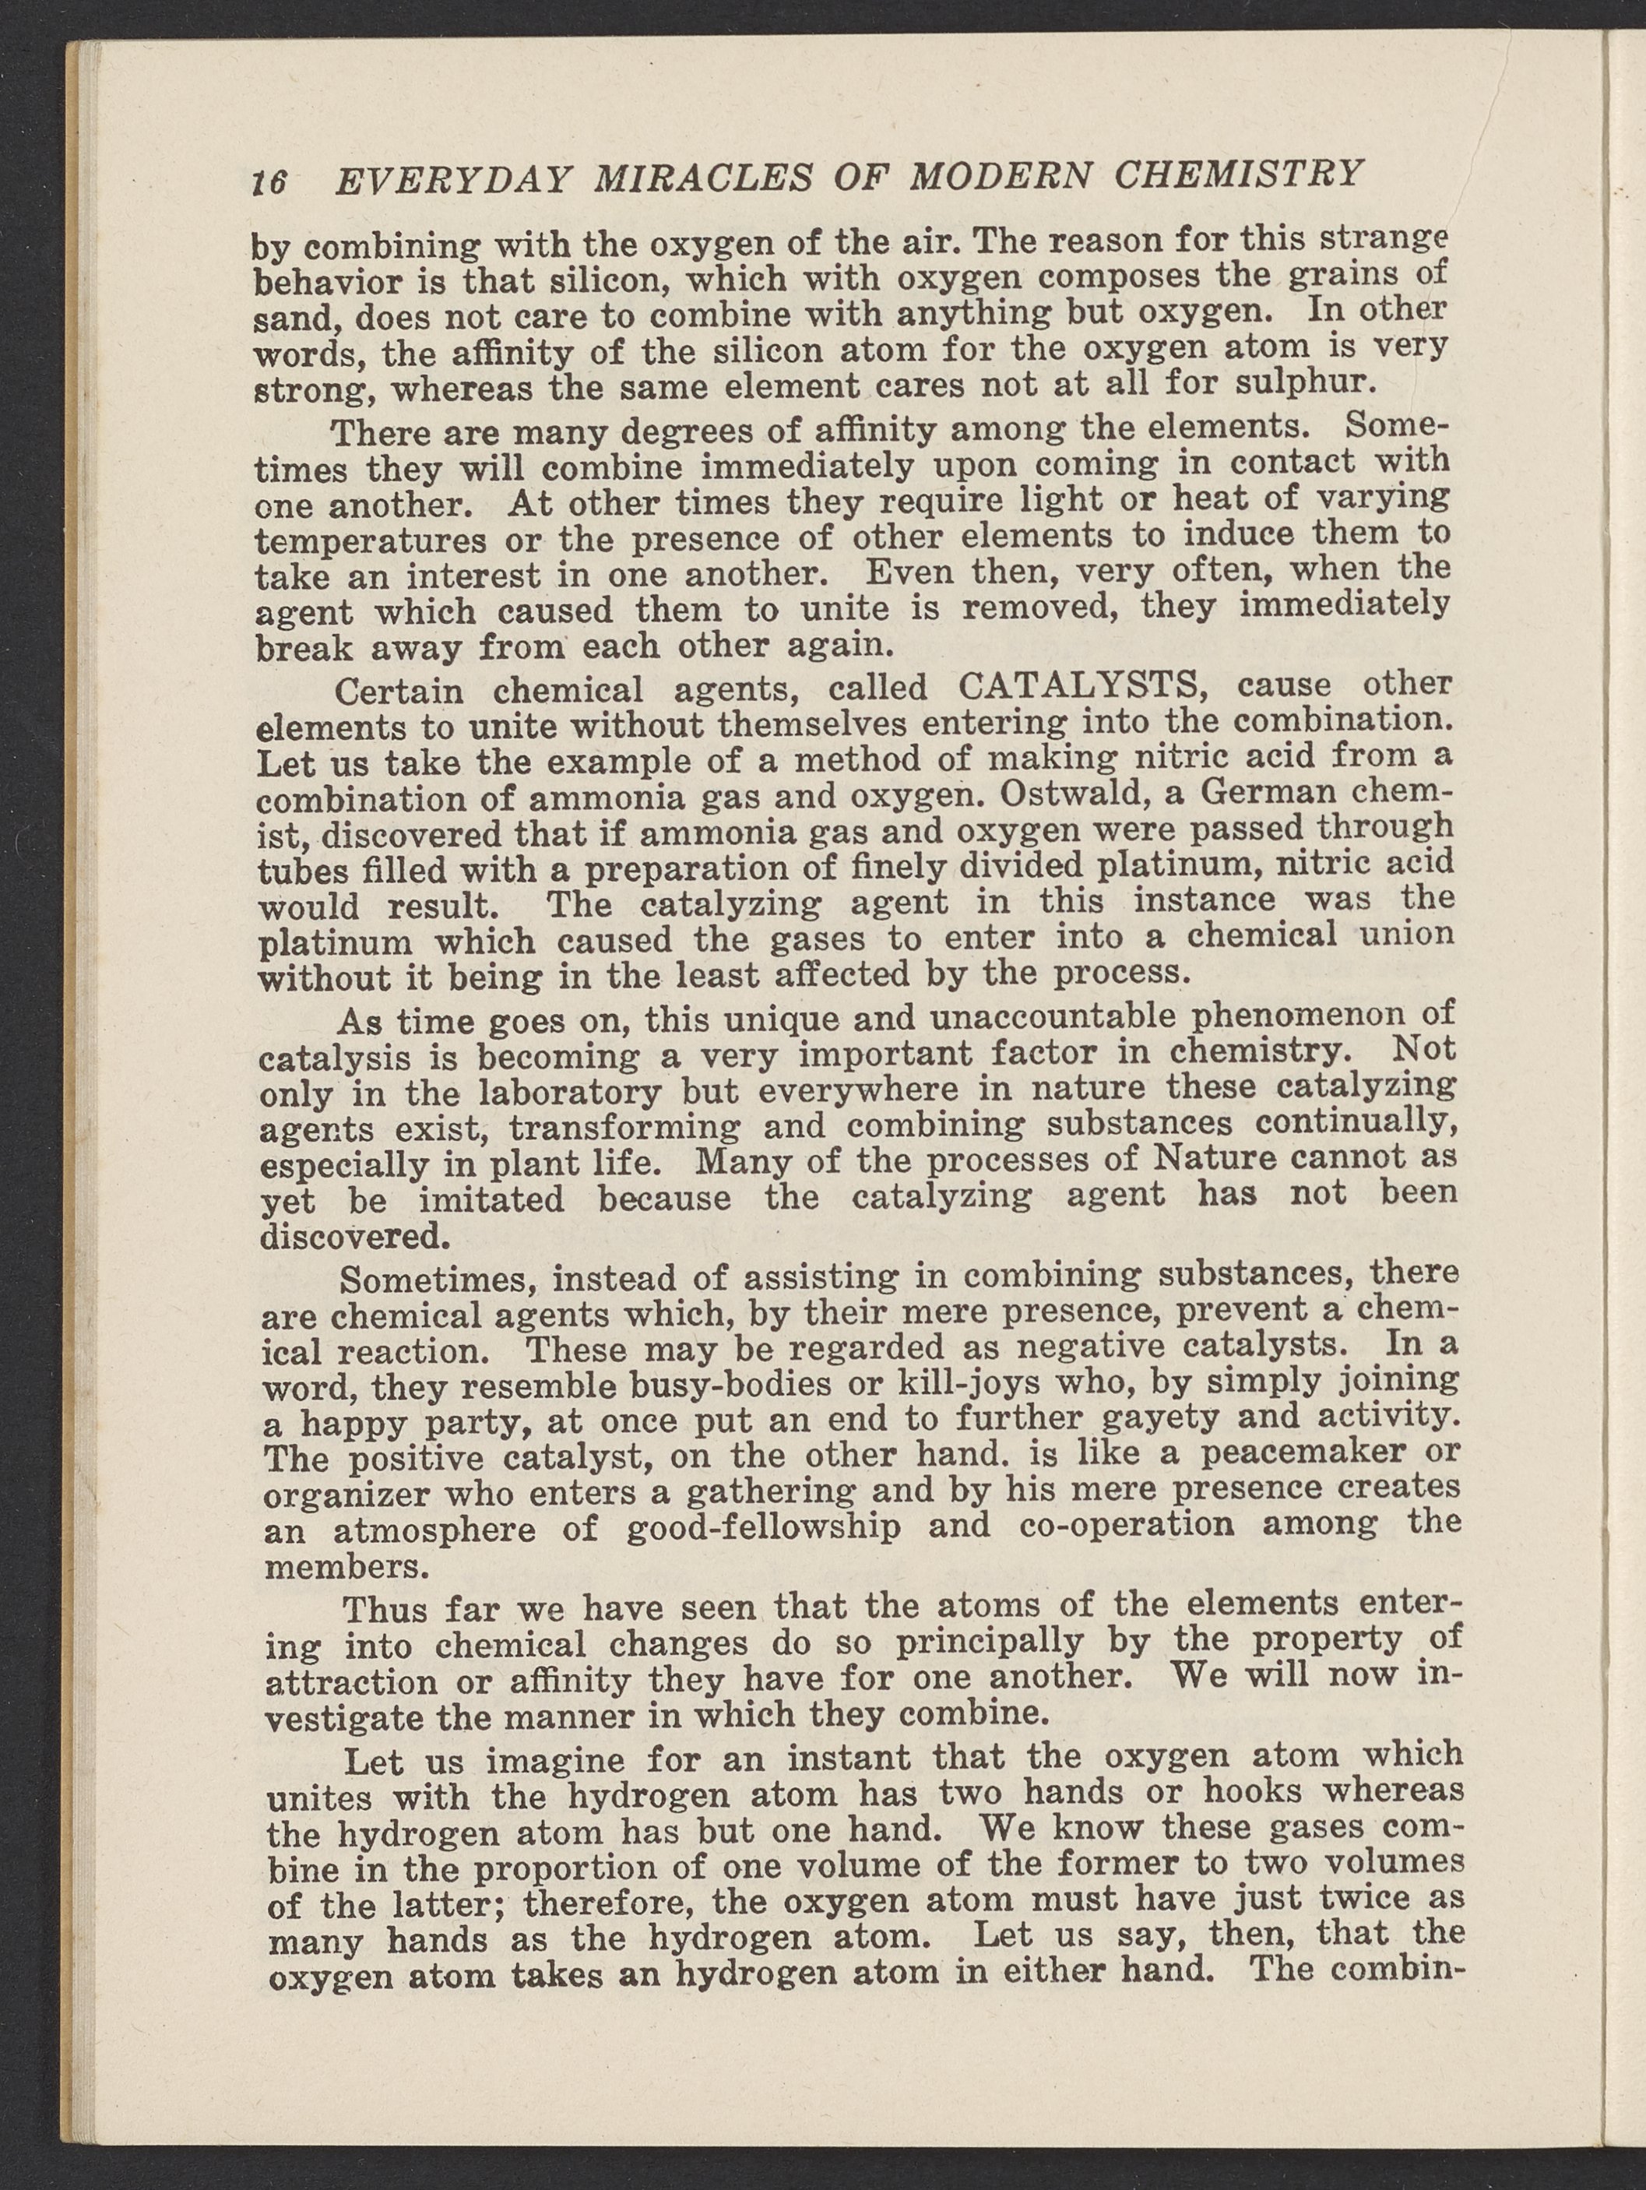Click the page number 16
(x=269, y=182)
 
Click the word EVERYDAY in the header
(x=454, y=180)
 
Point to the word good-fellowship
(x=764, y=1526)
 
